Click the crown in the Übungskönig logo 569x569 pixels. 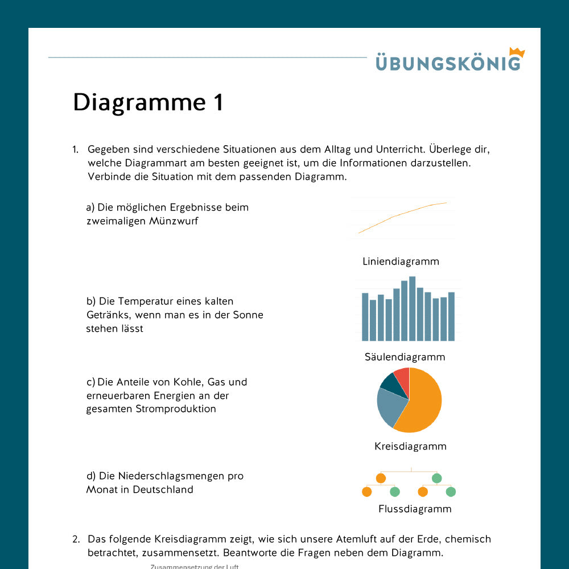tap(517, 52)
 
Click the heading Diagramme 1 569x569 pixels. tap(149, 102)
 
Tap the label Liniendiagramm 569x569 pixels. tap(401, 262)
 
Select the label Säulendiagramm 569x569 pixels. tap(405, 357)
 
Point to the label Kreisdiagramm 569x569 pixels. tap(410, 447)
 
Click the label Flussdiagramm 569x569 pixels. tap(415, 509)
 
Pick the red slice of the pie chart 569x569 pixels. tap(402, 377)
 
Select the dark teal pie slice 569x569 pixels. tap(390, 384)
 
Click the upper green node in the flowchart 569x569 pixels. tap(436, 478)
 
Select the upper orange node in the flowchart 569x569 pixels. tap(381, 478)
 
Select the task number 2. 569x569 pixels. tap(76, 539)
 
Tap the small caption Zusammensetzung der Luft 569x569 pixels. tap(195, 567)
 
